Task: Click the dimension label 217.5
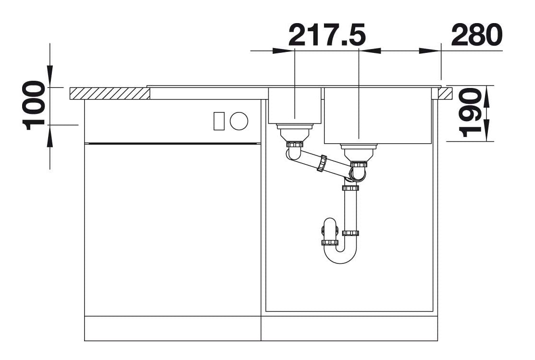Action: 327,35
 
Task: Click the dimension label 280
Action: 477,35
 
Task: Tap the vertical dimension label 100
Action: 34,105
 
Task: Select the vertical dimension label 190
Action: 470,112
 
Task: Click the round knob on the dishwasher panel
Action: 239,121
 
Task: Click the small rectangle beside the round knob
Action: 219,121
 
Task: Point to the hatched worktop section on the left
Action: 110,94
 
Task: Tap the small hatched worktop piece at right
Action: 445,94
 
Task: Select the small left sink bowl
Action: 295,105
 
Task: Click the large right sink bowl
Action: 378,115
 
